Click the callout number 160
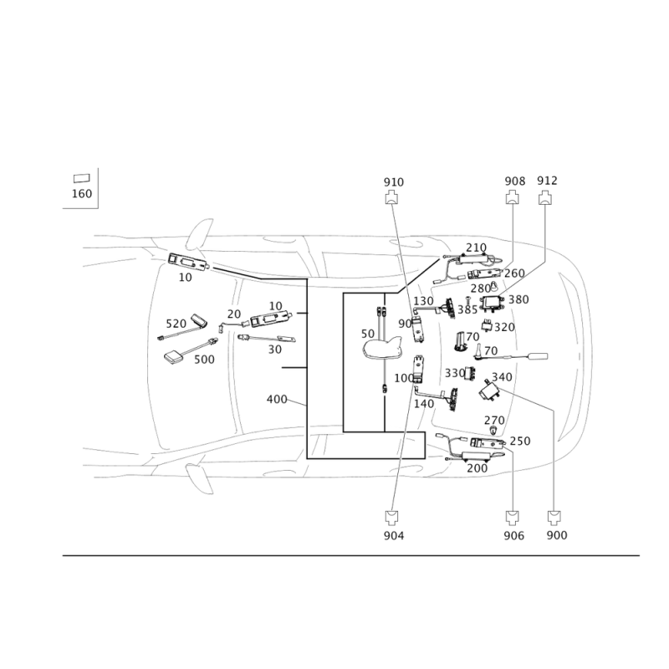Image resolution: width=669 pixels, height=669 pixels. pyautogui.click(x=81, y=194)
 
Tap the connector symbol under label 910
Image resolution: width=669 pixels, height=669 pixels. pyautogui.click(x=391, y=198)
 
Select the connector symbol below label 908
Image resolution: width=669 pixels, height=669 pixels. pyautogui.click(x=512, y=198)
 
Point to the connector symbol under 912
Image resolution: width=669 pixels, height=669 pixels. pyautogui.click(x=545, y=198)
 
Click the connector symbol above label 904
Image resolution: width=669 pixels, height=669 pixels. pyautogui.click(x=391, y=517)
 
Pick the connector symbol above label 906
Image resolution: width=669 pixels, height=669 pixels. pyautogui.click(x=513, y=517)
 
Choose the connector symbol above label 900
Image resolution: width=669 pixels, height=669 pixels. pyautogui.click(x=554, y=517)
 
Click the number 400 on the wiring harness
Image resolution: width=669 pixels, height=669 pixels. pyautogui.click(x=277, y=400)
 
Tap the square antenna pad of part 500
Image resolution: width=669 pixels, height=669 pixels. pyautogui.click(x=173, y=357)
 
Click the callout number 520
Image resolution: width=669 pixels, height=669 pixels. pyautogui.click(x=176, y=324)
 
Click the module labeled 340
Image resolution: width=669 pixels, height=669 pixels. pyautogui.click(x=489, y=390)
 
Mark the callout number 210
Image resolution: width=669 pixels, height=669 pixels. pyautogui.click(x=476, y=248)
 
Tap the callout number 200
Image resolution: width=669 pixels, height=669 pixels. pyautogui.click(x=477, y=468)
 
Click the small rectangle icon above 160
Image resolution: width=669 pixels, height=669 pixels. pyautogui.click(x=81, y=178)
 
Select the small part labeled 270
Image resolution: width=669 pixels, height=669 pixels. pyautogui.click(x=493, y=431)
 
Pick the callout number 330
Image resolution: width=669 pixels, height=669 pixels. pyautogui.click(x=455, y=373)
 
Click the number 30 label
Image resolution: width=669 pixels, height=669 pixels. pyautogui.click(x=275, y=350)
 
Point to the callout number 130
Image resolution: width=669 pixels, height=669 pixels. pyautogui.click(x=423, y=301)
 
